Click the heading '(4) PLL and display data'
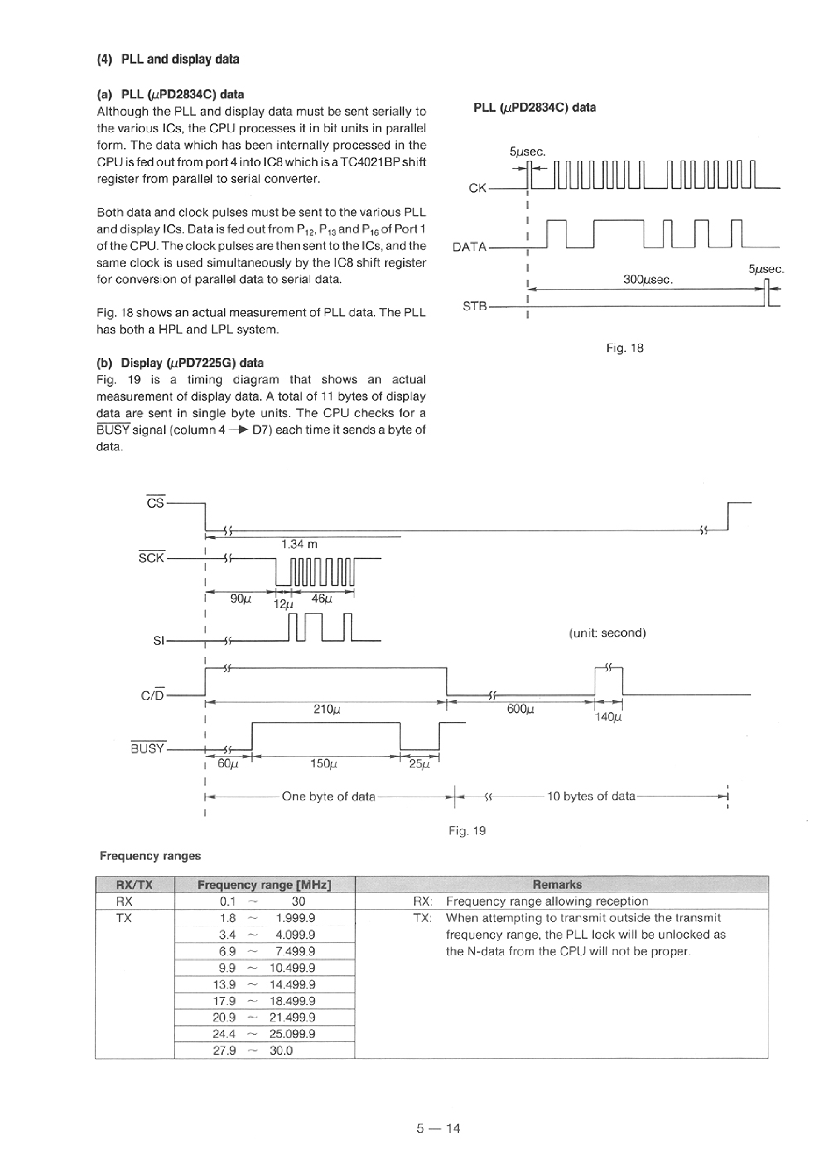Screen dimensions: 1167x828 [x=168, y=59]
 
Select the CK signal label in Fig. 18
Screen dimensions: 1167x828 [x=477, y=188]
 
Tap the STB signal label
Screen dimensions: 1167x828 [x=474, y=306]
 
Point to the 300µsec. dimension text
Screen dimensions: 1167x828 [x=647, y=280]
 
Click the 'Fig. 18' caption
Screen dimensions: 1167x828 [x=624, y=348]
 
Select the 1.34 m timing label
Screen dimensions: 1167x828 [x=299, y=544]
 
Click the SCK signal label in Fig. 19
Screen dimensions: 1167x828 [x=152, y=558]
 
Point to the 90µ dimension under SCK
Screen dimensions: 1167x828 [x=241, y=599]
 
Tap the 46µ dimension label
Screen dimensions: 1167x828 [x=322, y=599]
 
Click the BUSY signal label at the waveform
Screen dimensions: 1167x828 [x=148, y=748]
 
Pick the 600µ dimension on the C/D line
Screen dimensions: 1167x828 [x=520, y=709]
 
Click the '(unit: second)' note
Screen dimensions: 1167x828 [x=607, y=633]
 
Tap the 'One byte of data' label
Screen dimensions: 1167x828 [x=328, y=797]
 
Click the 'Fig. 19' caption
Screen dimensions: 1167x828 [x=467, y=831]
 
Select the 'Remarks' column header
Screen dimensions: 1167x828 [x=557, y=885]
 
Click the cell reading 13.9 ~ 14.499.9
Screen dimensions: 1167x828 [x=264, y=984]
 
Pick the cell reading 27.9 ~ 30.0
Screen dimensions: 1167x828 [x=264, y=1051]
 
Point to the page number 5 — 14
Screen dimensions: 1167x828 [x=438, y=1128]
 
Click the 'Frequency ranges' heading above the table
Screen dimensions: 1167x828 [x=150, y=856]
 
